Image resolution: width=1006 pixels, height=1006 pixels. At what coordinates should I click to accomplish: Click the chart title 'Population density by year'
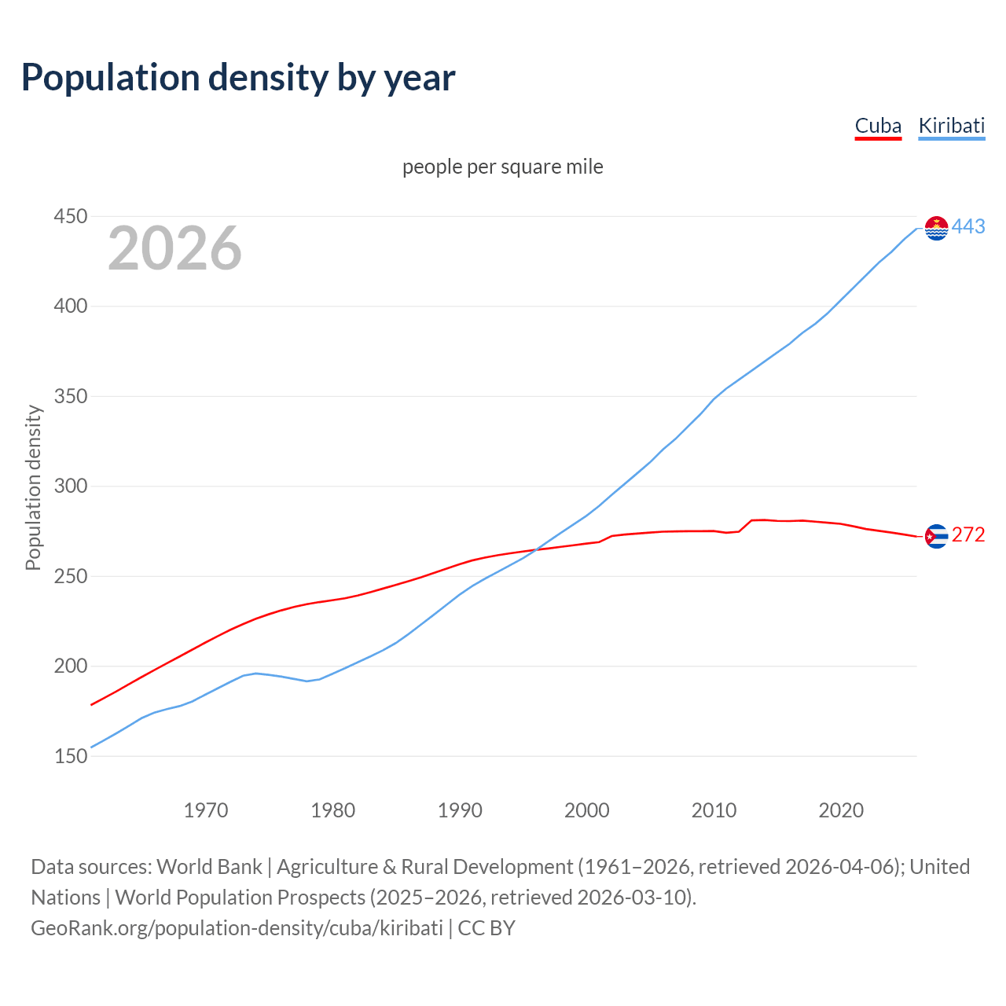238,78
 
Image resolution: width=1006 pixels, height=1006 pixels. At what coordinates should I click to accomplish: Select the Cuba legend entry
878,126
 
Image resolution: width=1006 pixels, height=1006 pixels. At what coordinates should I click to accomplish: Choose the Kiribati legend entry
951,126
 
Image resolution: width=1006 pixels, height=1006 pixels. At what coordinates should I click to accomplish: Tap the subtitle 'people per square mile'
502,167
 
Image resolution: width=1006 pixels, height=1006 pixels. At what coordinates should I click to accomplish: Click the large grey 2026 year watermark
174,248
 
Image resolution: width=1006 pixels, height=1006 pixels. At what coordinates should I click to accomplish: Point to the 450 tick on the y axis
70,216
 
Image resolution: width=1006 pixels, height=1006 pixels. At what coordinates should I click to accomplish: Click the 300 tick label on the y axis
70,486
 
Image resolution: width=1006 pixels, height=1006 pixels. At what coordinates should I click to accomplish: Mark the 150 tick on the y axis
70,756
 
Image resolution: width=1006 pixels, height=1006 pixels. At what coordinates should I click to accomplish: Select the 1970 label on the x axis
205,810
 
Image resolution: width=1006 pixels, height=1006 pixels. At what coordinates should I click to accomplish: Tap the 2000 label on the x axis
586,810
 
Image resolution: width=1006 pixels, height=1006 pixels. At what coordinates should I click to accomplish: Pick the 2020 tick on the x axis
841,810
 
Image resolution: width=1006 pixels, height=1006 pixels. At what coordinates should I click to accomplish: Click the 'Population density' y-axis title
33,487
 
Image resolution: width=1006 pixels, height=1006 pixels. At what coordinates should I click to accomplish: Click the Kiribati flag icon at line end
936,228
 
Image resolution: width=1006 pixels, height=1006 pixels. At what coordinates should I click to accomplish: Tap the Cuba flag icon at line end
936,536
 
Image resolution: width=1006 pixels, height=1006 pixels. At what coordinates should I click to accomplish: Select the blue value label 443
968,227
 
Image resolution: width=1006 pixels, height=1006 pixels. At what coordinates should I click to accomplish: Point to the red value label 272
968,535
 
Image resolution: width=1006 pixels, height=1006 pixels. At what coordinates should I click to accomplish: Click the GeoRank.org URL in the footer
237,928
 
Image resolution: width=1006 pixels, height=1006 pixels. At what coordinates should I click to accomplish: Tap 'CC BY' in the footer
486,928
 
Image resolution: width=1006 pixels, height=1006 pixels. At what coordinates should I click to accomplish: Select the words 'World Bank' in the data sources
209,867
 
